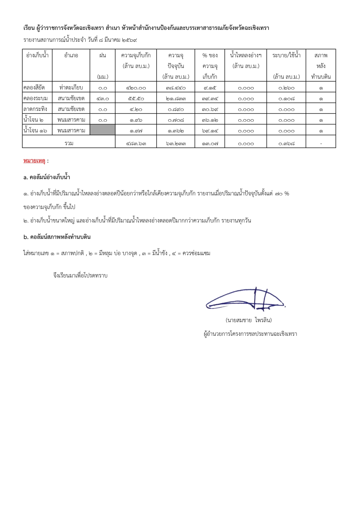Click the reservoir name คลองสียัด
click(34, 88)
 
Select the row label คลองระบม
click(35, 99)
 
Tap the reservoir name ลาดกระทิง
click(35, 109)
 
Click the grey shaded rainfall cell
click(103, 130)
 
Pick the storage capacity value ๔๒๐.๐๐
click(136, 88)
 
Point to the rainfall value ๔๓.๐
click(103, 99)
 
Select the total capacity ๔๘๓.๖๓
click(136, 144)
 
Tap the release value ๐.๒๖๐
click(286, 88)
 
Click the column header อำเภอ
click(71, 55)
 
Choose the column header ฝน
click(103, 55)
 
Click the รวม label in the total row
click(69, 143)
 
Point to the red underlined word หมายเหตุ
click(34, 161)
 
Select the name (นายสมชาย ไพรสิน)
click(249, 320)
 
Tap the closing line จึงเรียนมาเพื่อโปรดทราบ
click(80, 276)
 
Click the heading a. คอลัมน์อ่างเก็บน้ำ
click(47, 177)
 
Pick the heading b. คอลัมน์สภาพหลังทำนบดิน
click(57, 237)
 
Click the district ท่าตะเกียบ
click(71, 88)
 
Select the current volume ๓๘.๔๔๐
click(176, 88)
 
